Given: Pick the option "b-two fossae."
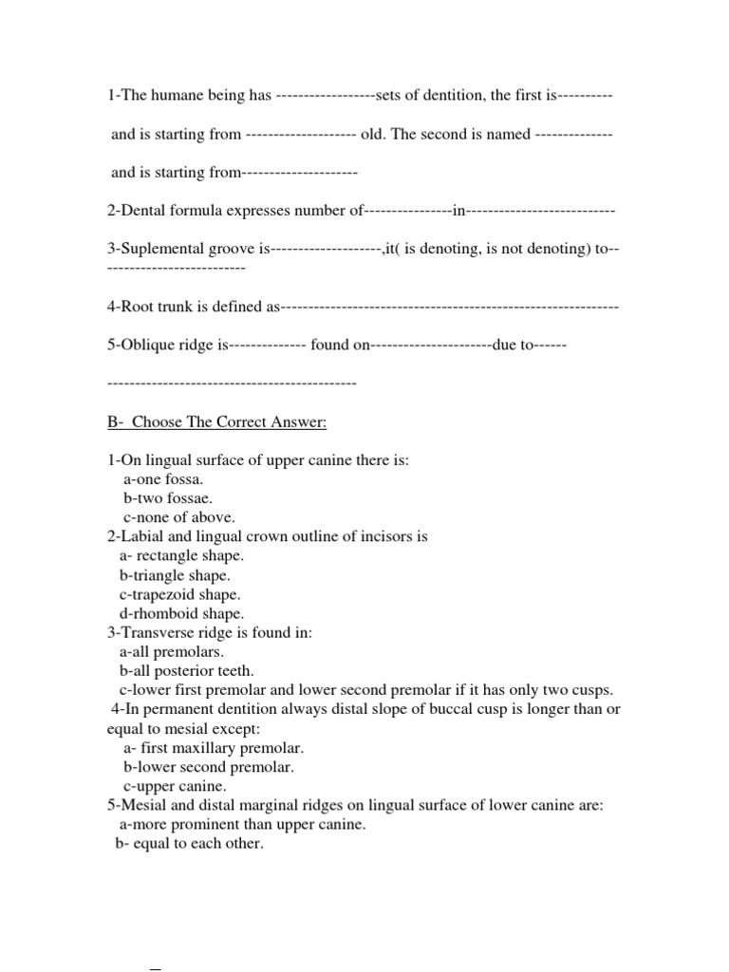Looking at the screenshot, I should tap(168, 498).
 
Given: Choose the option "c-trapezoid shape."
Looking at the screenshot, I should tap(181, 594).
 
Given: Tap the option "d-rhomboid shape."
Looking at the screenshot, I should tap(180, 613).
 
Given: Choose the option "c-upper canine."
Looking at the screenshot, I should tap(175, 786).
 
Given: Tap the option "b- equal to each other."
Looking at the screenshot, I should tap(189, 843).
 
